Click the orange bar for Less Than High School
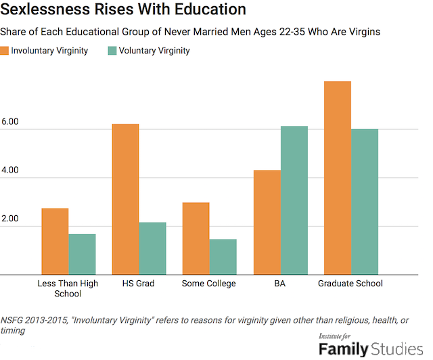coord(55,242)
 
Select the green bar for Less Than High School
coord(82,254)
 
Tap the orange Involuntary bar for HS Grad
coord(125,200)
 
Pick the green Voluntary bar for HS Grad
coord(152,248)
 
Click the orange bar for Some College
coord(196,239)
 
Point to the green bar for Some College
coord(223,257)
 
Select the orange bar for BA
coord(267,223)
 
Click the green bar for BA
coord(294,201)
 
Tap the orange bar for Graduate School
coord(337,178)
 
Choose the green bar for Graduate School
coord(364,202)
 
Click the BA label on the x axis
coord(279,284)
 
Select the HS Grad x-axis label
coord(139,284)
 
